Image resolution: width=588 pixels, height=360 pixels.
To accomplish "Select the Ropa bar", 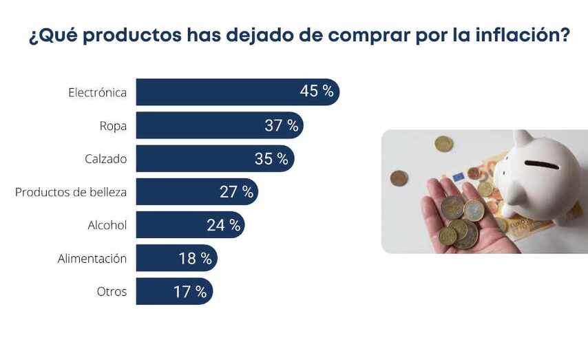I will coord(200,125).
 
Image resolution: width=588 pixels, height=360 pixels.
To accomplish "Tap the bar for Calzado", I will coord(193,158).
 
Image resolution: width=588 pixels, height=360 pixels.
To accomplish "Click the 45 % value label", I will coord(317,92).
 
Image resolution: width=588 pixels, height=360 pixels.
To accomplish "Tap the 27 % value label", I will coord(236,192).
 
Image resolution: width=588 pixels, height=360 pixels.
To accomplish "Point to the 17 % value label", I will coord(190,292).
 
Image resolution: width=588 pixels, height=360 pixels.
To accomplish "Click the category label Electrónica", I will coord(97,92).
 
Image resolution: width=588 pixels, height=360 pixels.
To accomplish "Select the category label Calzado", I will coord(105,159).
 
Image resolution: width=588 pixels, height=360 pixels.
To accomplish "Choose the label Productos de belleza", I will coord(71,192).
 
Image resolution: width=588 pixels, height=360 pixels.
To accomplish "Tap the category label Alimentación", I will coord(92,259).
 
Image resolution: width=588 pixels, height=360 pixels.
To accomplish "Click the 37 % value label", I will coord(282,125).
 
